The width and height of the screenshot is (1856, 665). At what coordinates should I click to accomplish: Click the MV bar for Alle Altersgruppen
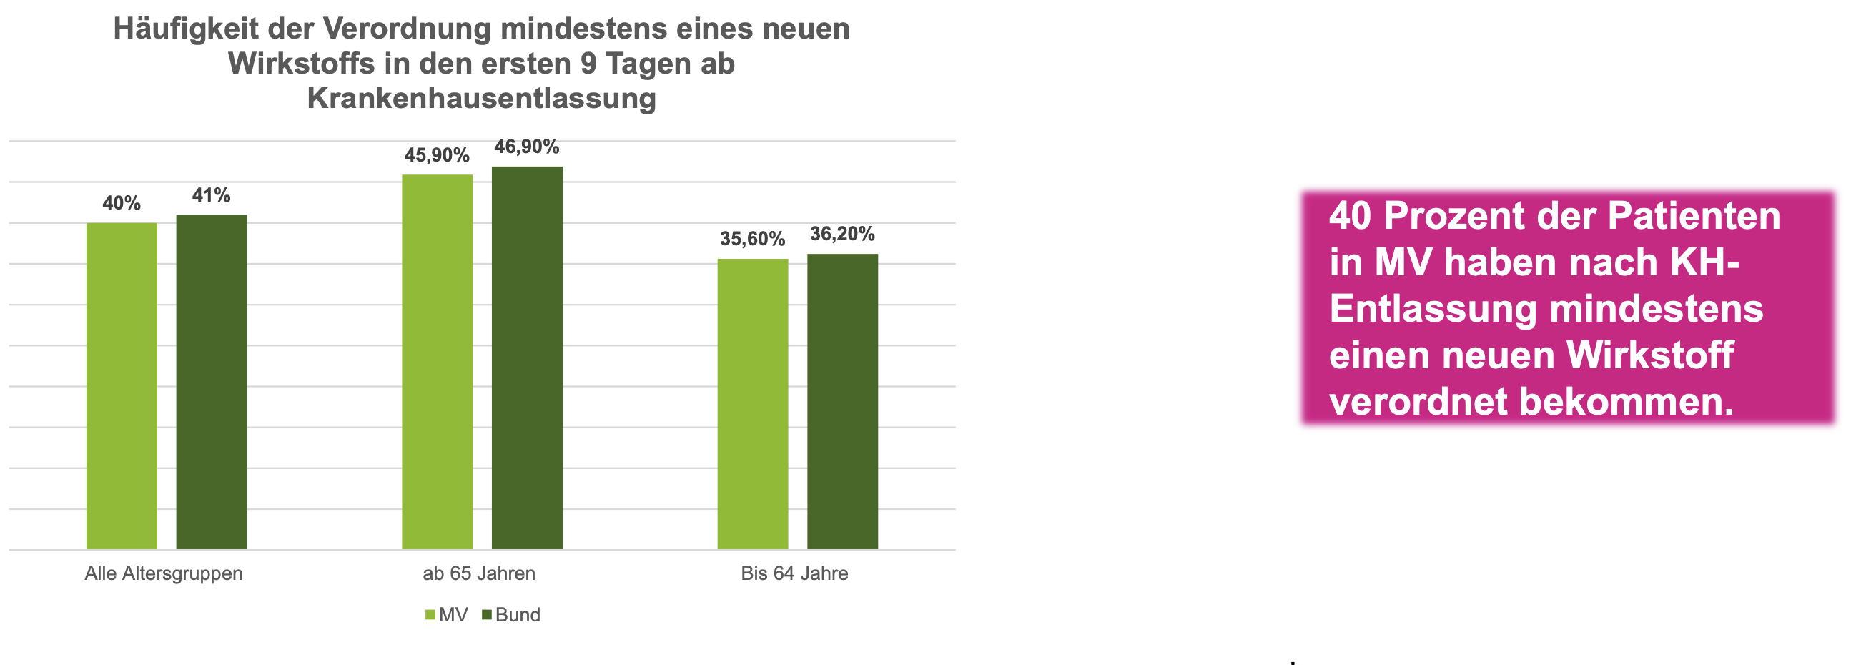pos(122,385)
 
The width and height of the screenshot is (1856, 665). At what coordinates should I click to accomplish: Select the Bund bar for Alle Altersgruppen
pos(211,382)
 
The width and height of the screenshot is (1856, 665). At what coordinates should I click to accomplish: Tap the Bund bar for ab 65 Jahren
pos(527,358)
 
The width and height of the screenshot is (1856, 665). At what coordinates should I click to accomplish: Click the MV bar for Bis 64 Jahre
pos(752,403)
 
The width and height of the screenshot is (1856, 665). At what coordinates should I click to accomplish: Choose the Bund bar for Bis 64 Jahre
pos(842,401)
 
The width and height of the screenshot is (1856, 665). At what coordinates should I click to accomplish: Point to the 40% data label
pos(122,203)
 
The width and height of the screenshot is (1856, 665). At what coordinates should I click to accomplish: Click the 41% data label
pos(211,195)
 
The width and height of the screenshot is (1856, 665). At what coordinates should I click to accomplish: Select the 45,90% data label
pos(437,155)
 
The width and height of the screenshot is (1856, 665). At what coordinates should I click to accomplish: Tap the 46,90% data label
pos(527,147)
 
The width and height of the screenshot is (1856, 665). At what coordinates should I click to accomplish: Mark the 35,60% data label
pos(752,239)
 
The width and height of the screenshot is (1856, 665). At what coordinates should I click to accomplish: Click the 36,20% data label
pos(842,233)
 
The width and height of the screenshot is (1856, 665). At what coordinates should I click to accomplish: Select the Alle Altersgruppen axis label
pos(164,573)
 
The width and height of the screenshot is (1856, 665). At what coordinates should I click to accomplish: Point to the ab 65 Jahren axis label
pos(479,573)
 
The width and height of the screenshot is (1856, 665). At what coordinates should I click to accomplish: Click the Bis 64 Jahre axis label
pos(795,573)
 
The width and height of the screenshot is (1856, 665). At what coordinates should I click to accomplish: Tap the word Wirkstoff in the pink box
pos(1649,355)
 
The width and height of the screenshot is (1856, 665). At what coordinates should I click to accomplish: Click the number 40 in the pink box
pos(1351,216)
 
